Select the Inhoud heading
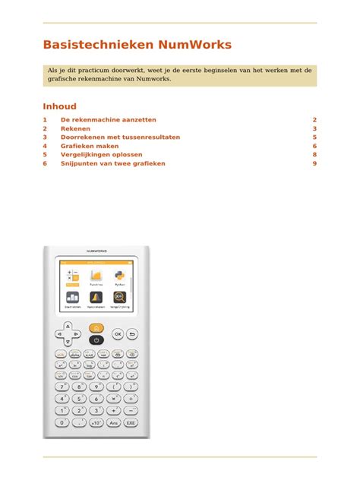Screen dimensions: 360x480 point(59,106)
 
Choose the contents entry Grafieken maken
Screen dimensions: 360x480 point(90,146)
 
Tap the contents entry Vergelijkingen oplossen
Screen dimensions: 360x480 point(101,154)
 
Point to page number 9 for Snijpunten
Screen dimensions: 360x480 point(314,163)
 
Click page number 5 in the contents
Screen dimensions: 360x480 point(314,137)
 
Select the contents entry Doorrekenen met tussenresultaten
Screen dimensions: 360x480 point(120,137)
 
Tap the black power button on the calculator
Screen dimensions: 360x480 point(96,340)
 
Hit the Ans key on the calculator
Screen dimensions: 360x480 point(114,422)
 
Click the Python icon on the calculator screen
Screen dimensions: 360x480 point(119,276)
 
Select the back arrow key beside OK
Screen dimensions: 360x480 point(132,333)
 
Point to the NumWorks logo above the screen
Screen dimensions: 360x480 point(96,249)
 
